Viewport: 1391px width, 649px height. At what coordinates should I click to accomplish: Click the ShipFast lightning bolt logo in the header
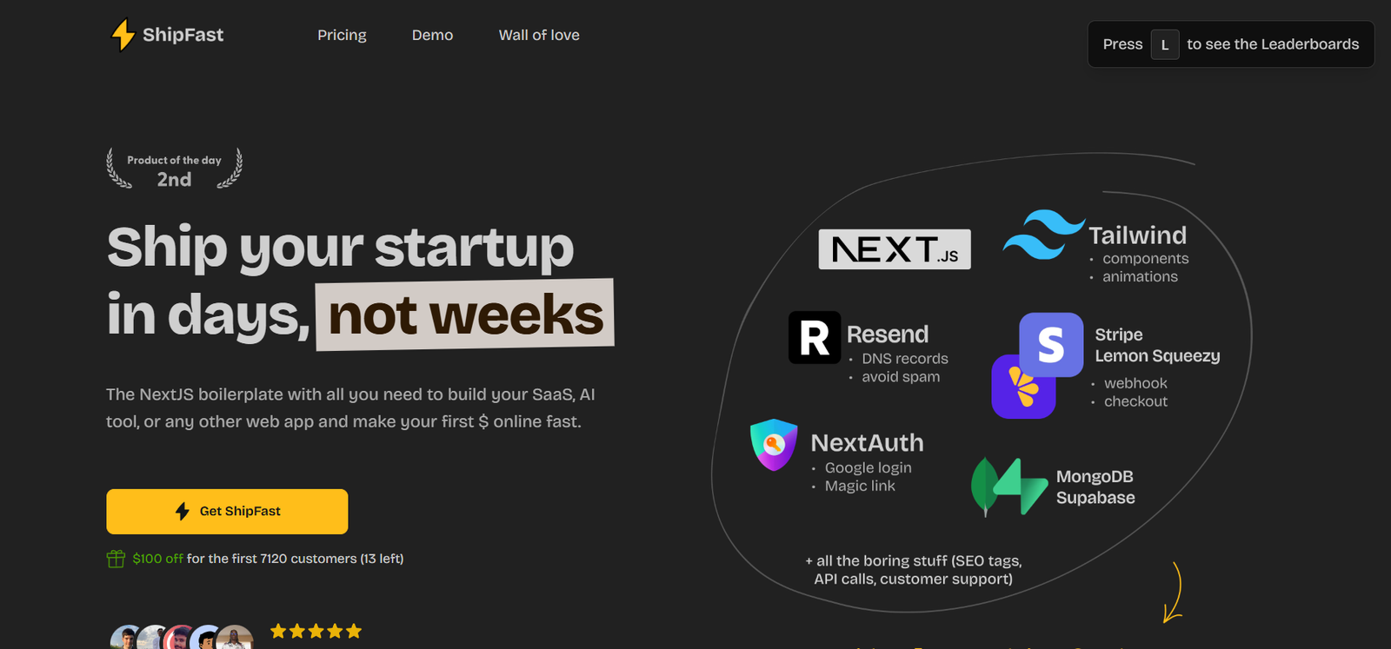point(123,34)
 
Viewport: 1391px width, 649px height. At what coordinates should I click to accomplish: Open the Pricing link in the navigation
point(342,36)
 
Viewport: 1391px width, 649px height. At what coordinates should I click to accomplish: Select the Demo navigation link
point(432,36)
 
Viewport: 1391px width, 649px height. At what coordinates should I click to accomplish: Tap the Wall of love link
point(539,36)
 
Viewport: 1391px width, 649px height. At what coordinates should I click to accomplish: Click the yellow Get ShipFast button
point(227,511)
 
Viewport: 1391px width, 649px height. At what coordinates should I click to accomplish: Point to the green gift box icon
point(116,559)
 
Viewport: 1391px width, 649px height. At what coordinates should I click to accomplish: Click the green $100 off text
point(157,559)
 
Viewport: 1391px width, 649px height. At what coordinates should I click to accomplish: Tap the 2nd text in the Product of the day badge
point(174,179)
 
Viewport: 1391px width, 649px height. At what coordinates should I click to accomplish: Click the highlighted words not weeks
point(465,315)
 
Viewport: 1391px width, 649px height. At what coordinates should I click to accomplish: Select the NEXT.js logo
point(895,248)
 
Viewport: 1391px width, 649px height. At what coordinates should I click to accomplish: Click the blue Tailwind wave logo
point(1044,235)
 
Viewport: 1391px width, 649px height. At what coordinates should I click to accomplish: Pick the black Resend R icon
point(814,337)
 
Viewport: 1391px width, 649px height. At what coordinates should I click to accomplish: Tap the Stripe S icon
point(1051,344)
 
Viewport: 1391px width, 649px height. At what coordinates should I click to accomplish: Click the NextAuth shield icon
point(774,445)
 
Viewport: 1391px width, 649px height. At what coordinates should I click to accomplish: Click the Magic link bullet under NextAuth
point(860,486)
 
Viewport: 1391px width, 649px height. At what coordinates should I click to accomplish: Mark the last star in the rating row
point(354,631)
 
